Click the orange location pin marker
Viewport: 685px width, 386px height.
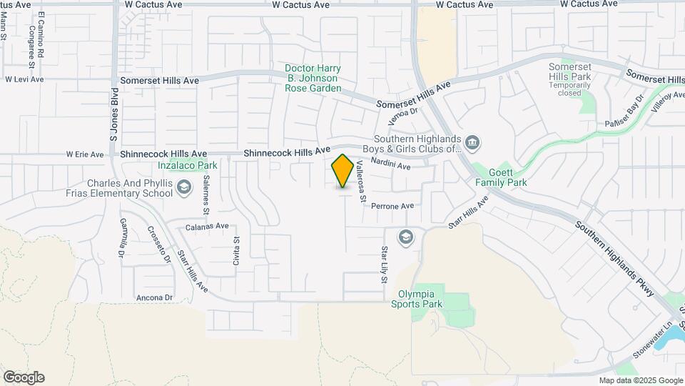(343, 171)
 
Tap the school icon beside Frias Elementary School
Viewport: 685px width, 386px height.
(185, 187)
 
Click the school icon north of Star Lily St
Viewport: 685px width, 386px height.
(406, 237)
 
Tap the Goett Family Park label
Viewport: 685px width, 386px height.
(501, 177)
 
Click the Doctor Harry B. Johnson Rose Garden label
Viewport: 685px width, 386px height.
(313, 78)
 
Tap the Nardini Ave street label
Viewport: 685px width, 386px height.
(392, 166)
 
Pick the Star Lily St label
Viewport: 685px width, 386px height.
(383, 264)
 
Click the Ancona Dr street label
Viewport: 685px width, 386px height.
(155, 297)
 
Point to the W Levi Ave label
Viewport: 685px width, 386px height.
(24, 79)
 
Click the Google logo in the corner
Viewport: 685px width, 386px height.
(24, 377)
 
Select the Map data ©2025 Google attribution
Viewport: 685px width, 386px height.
(640, 380)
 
